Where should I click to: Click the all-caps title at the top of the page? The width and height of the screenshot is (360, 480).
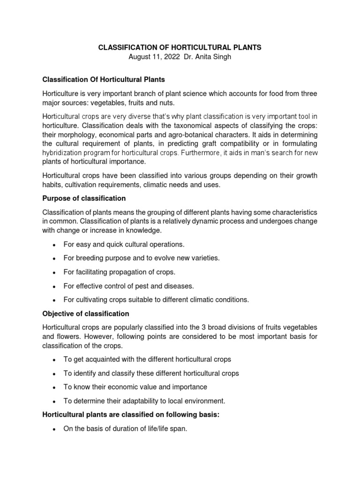coord(180,47)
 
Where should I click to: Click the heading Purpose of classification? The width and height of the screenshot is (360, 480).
coord(84,198)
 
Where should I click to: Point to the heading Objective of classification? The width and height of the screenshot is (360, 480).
coord(86,314)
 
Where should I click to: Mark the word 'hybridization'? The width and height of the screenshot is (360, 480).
coord(63,153)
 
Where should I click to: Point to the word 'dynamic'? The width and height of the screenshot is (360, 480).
coord(198,221)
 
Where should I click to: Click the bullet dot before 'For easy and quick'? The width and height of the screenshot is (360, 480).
coord(55,245)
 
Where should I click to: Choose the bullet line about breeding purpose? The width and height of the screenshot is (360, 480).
coord(141,258)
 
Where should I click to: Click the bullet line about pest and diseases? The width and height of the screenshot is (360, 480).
coord(128,286)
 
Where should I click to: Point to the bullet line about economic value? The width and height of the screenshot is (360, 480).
coord(135,387)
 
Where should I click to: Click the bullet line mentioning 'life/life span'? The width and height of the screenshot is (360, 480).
coord(125,428)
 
